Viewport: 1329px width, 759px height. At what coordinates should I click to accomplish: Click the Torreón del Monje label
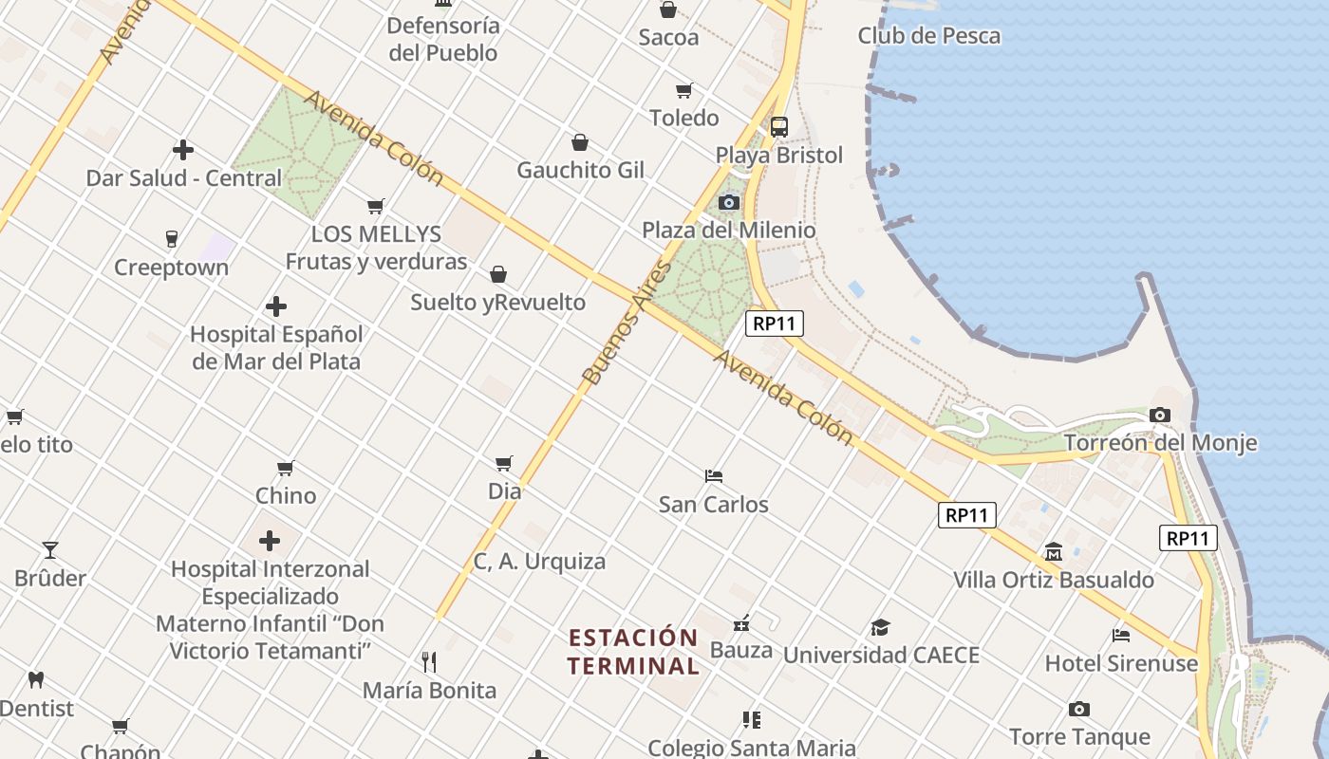(x=1160, y=443)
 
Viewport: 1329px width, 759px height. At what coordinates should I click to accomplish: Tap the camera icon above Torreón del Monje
(x=1159, y=416)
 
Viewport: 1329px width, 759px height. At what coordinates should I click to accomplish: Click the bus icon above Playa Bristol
(x=778, y=127)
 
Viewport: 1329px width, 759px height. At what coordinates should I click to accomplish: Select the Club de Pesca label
(x=928, y=36)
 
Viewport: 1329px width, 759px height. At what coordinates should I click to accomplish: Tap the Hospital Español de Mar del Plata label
(x=276, y=347)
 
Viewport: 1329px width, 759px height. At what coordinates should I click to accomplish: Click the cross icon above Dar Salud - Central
(x=183, y=150)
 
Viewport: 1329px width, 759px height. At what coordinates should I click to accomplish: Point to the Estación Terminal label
(x=633, y=651)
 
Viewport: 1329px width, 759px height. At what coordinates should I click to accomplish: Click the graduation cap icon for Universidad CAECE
(x=880, y=627)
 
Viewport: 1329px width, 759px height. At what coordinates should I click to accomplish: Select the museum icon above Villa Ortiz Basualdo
(x=1054, y=551)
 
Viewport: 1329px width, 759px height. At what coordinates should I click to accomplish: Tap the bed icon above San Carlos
(x=714, y=475)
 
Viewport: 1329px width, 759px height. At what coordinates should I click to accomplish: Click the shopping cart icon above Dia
(x=504, y=463)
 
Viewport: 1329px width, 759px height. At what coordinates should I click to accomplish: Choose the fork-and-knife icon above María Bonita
(x=429, y=661)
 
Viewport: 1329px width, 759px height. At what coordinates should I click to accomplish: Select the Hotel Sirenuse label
(x=1121, y=663)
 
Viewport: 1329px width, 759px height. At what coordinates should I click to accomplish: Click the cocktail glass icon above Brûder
(x=49, y=549)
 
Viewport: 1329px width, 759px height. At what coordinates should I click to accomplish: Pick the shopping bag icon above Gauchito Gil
(x=580, y=142)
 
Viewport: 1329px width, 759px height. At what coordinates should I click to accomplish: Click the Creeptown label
(x=171, y=268)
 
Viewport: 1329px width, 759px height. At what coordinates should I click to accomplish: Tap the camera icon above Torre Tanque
(x=1078, y=709)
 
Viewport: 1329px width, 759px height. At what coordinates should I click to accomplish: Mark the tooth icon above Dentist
(x=36, y=679)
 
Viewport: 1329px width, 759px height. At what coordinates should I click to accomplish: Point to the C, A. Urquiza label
(x=539, y=562)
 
